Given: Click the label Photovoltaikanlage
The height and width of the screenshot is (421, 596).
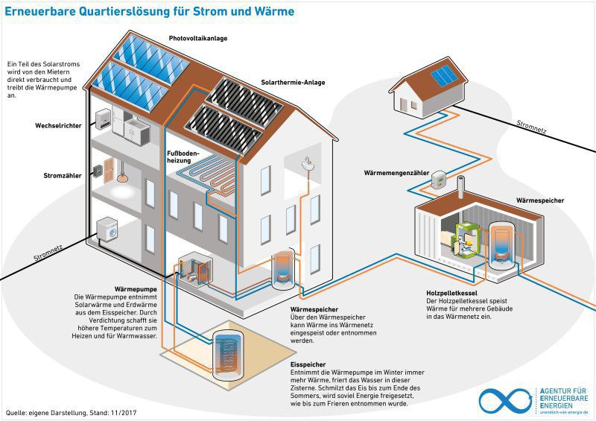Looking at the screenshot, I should [x=198, y=37].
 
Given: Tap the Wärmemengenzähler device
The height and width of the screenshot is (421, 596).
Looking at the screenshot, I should [x=440, y=179].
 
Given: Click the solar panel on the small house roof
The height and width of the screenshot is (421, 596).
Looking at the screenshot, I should [x=444, y=75].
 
